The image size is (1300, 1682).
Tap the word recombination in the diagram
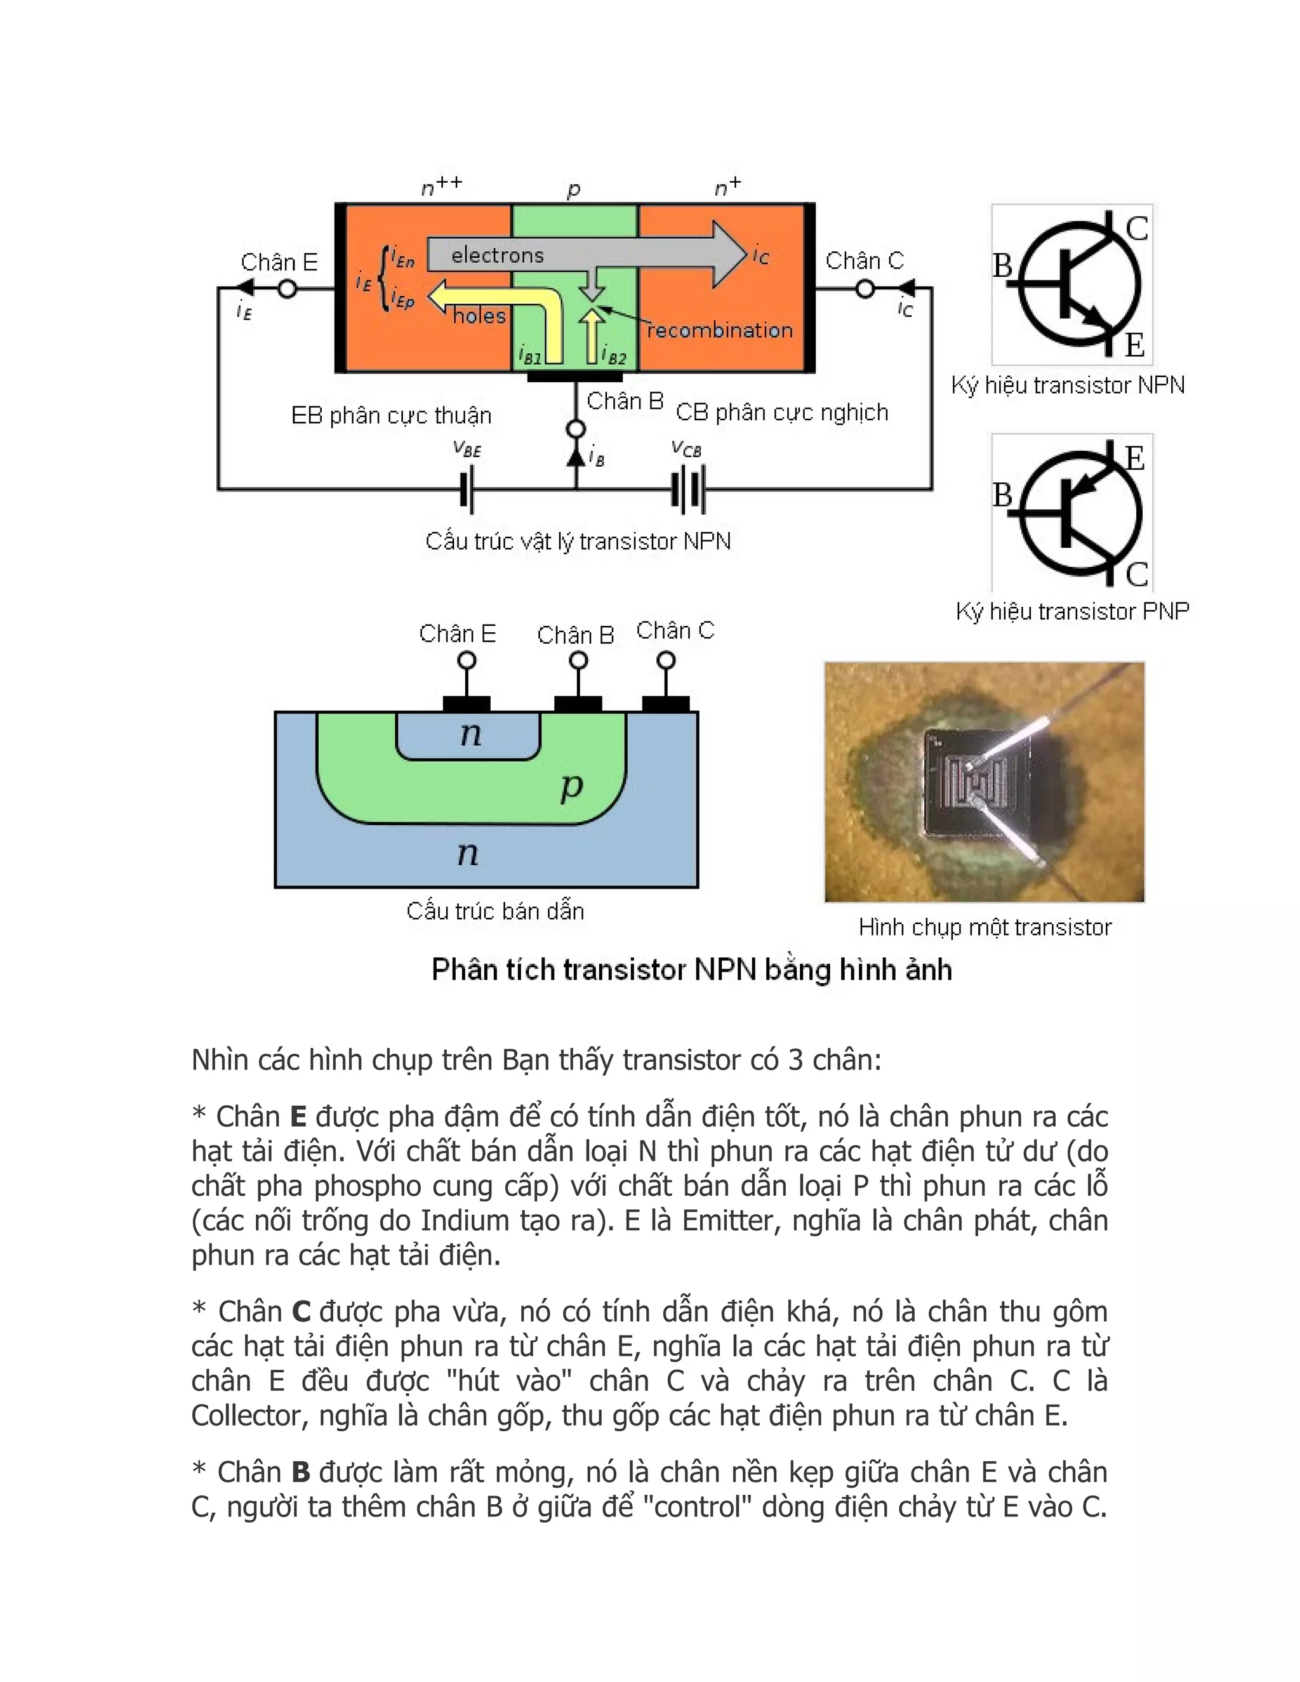coord(719,331)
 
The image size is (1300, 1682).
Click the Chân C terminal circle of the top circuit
coord(865,289)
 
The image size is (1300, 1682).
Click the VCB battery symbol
coord(687,489)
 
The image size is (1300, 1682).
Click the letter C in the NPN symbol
coord(1137,228)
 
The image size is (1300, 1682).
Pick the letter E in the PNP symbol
coord(1134,459)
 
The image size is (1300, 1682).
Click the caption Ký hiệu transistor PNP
coord(1072,611)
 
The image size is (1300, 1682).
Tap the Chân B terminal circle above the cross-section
coord(578,661)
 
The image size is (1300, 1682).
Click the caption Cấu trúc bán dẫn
coord(494,911)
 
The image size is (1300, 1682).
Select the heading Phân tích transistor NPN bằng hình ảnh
coord(691,970)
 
